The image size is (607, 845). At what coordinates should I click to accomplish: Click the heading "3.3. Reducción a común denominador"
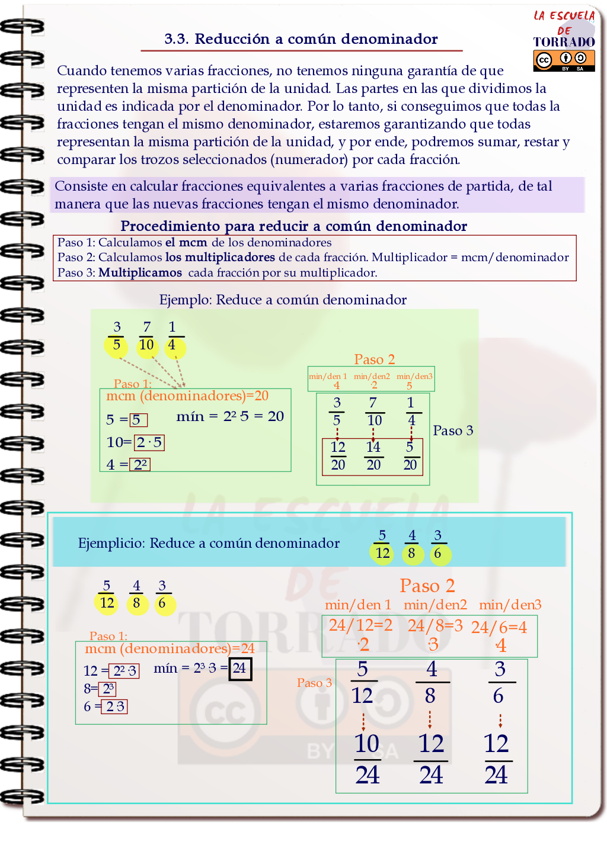pyautogui.click(x=301, y=39)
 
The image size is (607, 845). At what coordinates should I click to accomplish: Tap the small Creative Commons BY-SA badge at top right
pyautogui.click(x=564, y=60)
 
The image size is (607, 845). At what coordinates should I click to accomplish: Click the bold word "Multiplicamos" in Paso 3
pyautogui.click(x=140, y=273)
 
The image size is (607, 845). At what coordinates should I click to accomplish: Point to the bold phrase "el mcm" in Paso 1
pyautogui.click(x=186, y=243)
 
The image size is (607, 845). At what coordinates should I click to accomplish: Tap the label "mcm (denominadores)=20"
pyautogui.click(x=187, y=396)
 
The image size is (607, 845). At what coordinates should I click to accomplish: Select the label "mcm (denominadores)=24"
pyautogui.click(x=170, y=648)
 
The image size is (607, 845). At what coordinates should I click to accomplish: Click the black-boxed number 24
pyautogui.click(x=240, y=669)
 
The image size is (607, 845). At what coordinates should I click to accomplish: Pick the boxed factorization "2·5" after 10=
pyautogui.click(x=149, y=442)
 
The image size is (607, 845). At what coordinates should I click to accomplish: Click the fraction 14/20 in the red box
pyautogui.click(x=373, y=456)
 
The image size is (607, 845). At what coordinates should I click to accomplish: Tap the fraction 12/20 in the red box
pyautogui.click(x=338, y=456)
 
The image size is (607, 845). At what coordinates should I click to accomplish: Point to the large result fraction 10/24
pyautogui.click(x=368, y=759)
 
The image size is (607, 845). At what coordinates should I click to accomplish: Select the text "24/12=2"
pyautogui.click(x=360, y=625)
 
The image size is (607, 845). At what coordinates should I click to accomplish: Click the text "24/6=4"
pyautogui.click(x=499, y=628)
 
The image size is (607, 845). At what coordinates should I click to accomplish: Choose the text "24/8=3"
pyautogui.click(x=435, y=626)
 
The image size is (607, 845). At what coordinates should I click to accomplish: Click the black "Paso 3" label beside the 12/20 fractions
pyautogui.click(x=453, y=430)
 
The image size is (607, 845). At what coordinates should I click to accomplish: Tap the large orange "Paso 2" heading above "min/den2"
pyautogui.click(x=427, y=586)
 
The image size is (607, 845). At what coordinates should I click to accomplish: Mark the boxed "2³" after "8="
pyautogui.click(x=108, y=689)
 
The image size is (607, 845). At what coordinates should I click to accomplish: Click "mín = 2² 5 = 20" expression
pyautogui.click(x=230, y=416)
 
